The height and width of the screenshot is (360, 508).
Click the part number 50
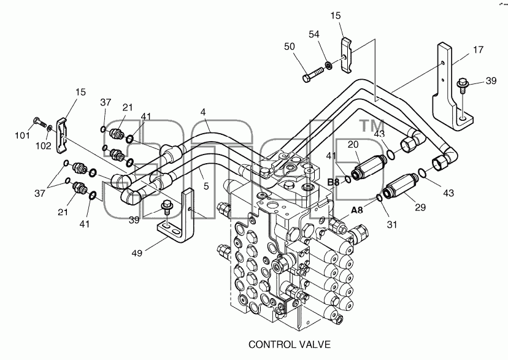[x=290, y=47]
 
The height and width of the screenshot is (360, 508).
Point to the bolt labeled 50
[x=313, y=74]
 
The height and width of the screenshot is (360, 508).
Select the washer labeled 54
[x=328, y=66]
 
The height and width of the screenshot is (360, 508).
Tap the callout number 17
[x=478, y=50]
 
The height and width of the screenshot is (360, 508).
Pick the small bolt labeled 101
[x=39, y=123]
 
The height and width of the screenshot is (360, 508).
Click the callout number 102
[x=44, y=146]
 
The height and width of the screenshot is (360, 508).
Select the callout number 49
[x=137, y=253]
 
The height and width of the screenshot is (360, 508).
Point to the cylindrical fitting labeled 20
[x=368, y=167]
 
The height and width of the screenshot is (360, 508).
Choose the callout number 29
[x=420, y=207]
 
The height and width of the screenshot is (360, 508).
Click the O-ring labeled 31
[x=379, y=197]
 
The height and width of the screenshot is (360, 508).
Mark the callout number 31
[x=392, y=224]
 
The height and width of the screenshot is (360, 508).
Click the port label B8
[x=333, y=182]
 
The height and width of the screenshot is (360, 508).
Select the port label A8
[x=357, y=210]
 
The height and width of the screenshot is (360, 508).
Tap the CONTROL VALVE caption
[x=290, y=344]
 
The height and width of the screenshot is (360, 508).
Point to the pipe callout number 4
[x=203, y=112]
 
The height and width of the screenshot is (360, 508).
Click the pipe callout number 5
[x=206, y=186]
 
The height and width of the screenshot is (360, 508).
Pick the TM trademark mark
[x=372, y=126]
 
